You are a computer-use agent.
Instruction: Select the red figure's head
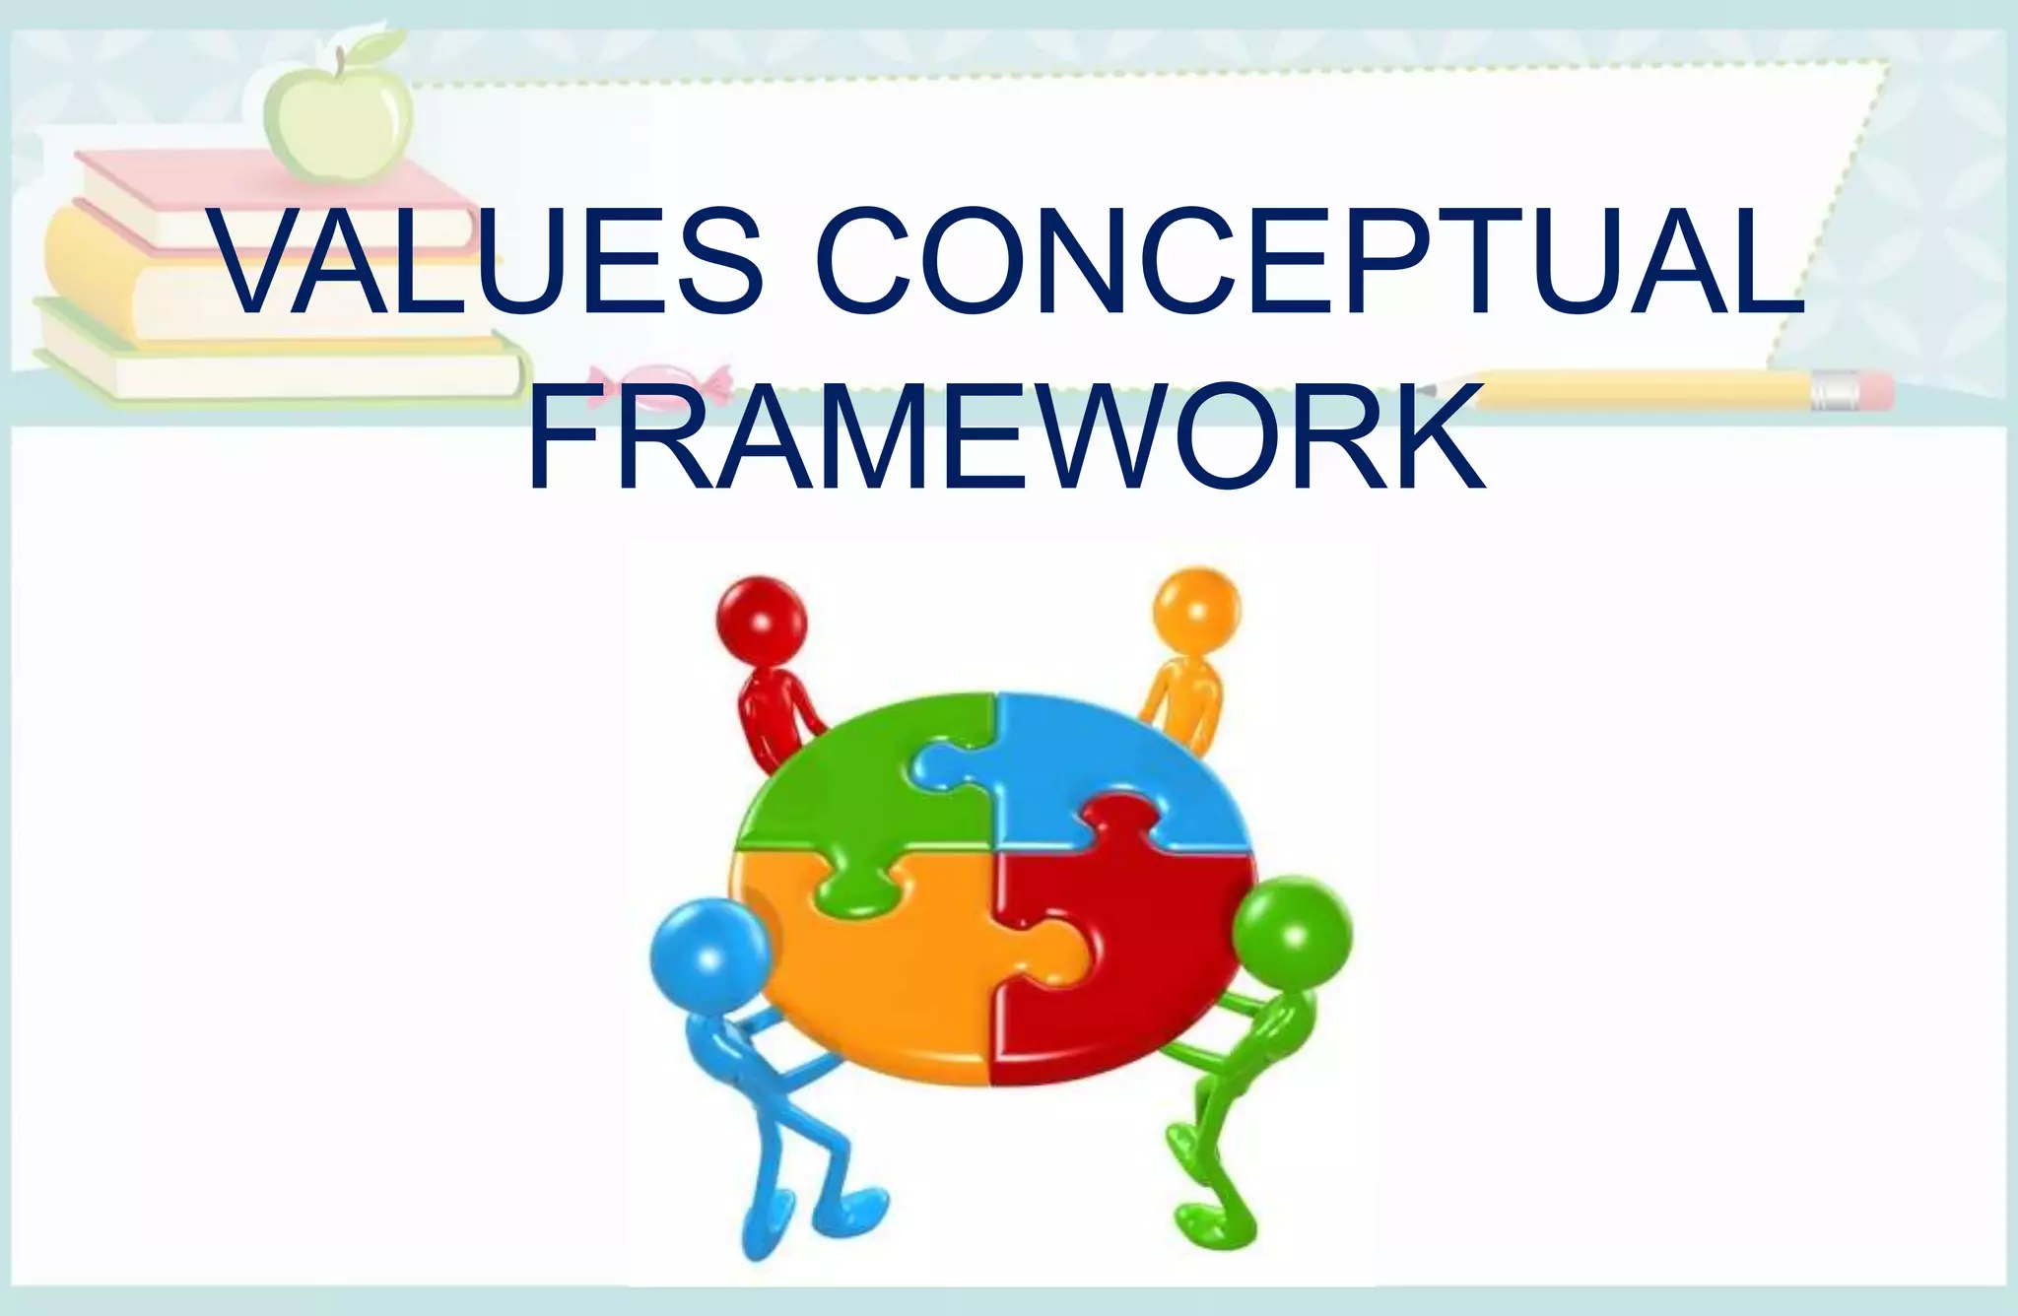pos(761,623)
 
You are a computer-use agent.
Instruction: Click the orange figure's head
pos(1196,608)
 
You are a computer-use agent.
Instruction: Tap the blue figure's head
pos(708,954)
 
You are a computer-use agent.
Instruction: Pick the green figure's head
pos(1292,931)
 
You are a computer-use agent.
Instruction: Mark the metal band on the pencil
pos(1834,391)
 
